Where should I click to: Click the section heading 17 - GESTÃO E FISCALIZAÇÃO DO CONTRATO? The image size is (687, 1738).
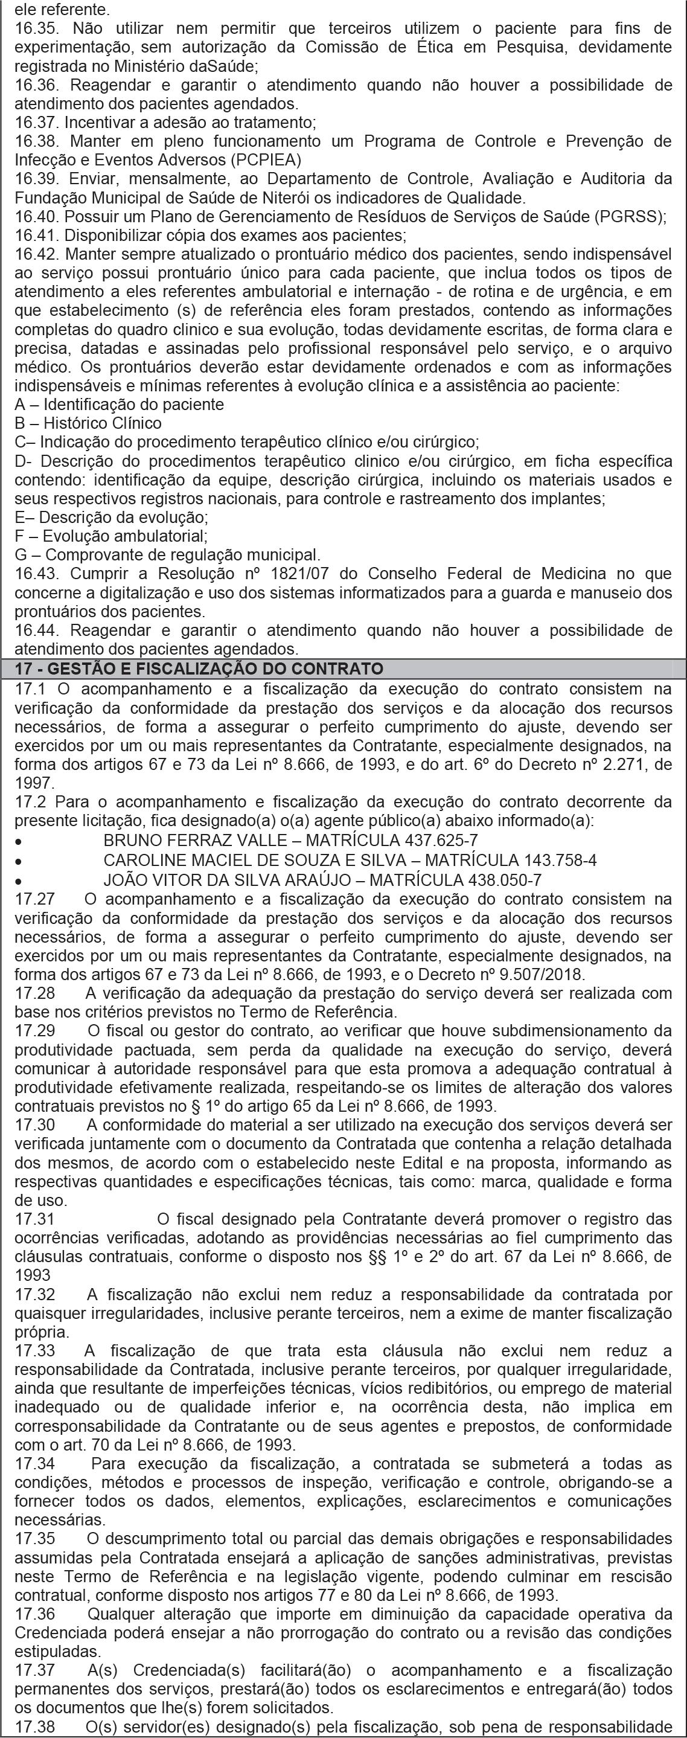(x=199, y=669)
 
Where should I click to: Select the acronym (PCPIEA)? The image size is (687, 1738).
(x=266, y=161)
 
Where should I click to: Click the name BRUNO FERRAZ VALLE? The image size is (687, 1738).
(x=198, y=841)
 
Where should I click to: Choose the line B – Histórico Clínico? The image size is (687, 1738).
(x=88, y=424)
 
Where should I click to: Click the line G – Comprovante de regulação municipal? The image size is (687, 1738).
(x=167, y=555)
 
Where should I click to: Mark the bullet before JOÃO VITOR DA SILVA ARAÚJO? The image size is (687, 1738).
(x=18, y=881)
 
